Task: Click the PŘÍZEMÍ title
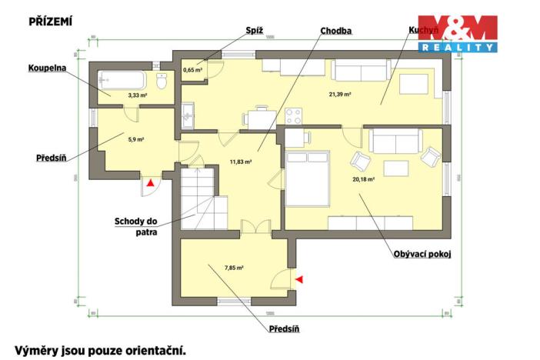click(51, 21)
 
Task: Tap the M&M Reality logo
click(457, 34)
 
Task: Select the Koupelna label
click(48, 68)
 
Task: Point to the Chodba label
click(336, 31)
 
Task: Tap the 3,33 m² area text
click(116, 96)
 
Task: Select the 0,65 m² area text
click(192, 70)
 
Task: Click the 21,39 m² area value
click(340, 94)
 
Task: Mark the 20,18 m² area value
click(363, 179)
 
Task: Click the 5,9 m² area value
click(135, 139)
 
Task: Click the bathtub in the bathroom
click(122, 80)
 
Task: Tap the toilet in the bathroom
click(162, 80)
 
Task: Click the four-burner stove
click(294, 117)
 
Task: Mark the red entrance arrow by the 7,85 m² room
click(299, 278)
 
